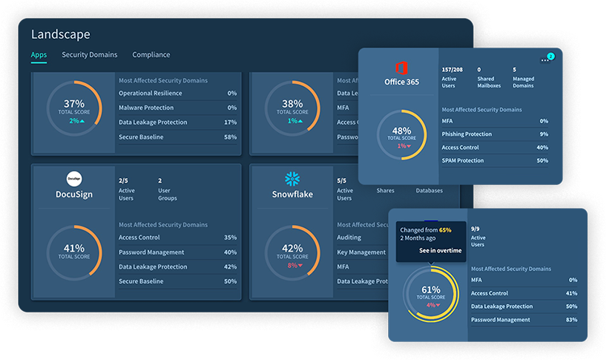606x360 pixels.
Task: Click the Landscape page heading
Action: [60, 34]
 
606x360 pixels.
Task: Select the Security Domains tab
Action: [89, 55]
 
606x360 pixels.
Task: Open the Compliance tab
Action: [151, 55]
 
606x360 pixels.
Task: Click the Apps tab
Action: [39, 55]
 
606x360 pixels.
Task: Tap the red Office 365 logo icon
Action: [401, 66]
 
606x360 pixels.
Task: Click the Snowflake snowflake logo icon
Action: [292, 179]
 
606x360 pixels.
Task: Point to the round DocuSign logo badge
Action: [73, 179]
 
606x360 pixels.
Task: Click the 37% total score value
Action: [73, 103]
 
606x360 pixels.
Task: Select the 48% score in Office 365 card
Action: [401, 131]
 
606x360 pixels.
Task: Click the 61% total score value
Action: [431, 289]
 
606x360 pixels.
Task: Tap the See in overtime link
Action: [440, 250]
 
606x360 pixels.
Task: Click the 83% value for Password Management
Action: [570, 320]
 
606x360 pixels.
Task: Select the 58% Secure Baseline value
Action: [230, 137]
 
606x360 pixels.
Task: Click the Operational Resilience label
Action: [151, 94]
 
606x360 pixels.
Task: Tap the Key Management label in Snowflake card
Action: [360, 252]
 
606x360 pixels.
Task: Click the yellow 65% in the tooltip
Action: [445, 230]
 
